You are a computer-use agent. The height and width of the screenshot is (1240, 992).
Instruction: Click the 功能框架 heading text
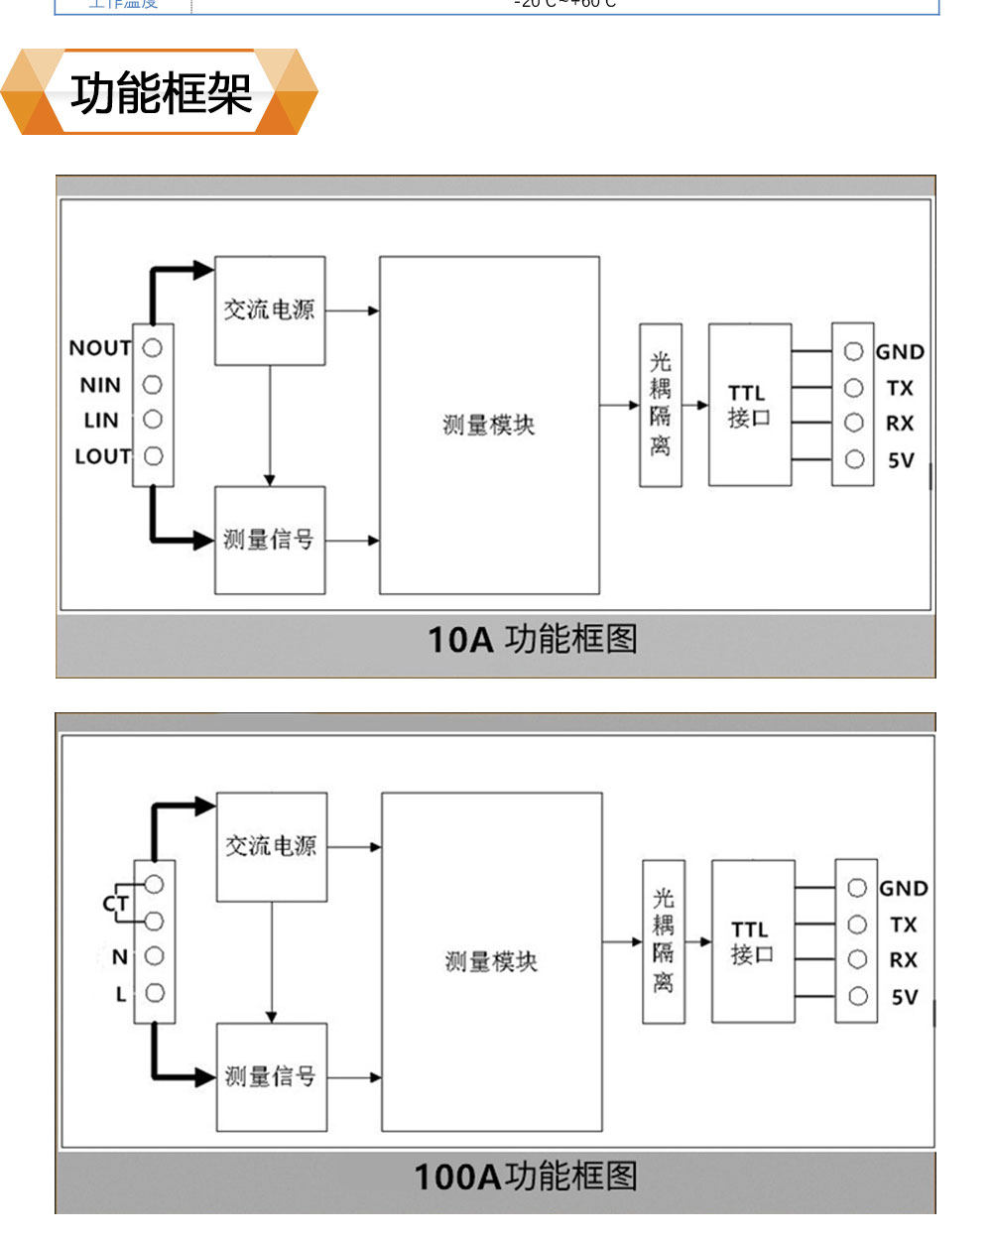click(x=161, y=94)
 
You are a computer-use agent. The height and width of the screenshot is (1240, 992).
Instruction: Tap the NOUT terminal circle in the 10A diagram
click(x=153, y=348)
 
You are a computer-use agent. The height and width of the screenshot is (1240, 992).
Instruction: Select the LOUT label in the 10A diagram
click(x=102, y=456)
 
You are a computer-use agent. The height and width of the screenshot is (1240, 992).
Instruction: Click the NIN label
click(x=100, y=385)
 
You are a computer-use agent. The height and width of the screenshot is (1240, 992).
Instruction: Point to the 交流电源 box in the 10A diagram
click(x=270, y=310)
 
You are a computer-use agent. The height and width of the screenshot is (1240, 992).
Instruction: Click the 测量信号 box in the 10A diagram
click(x=270, y=540)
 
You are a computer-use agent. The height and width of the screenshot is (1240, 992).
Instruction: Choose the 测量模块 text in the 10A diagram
click(x=488, y=426)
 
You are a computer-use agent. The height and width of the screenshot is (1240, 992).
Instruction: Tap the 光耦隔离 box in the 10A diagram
click(x=661, y=405)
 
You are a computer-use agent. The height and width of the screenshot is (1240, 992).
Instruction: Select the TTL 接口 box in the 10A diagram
click(x=749, y=405)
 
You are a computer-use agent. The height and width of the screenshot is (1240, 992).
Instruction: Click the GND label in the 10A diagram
click(x=900, y=352)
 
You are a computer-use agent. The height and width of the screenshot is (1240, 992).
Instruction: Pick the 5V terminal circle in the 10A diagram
click(x=853, y=459)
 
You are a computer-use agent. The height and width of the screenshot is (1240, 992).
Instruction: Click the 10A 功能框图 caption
click(x=532, y=640)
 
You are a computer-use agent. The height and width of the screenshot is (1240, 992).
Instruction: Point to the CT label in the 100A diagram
click(x=115, y=903)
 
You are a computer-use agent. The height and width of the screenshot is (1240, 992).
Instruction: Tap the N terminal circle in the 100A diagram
click(x=154, y=956)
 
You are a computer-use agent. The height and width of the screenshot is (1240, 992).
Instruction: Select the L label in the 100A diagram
click(x=121, y=994)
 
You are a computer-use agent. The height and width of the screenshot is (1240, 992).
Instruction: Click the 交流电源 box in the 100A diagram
click(x=272, y=846)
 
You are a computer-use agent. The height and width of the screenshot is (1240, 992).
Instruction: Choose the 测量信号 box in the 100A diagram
click(x=272, y=1076)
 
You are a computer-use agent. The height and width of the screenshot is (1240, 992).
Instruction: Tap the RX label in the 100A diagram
click(x=903, y=960)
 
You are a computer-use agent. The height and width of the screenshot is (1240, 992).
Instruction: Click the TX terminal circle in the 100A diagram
click(x=857, y=925)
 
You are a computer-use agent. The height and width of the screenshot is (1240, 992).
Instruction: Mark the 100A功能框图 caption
click(x=525, y=1177)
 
